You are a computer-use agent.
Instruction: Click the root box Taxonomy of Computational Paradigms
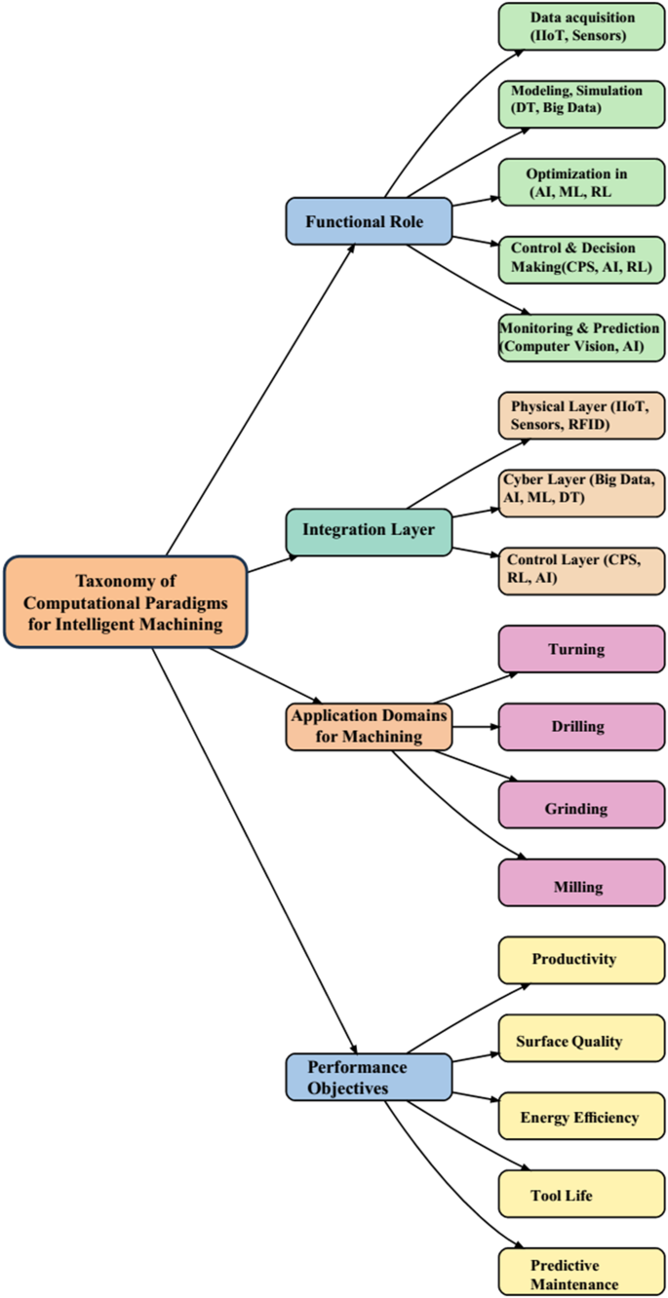pyautogui.click(x=126, y=601)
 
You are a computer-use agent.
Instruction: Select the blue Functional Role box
pyautogui.click(x=369, y=221)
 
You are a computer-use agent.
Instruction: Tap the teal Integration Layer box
pyautogui.click(x=369, y=531)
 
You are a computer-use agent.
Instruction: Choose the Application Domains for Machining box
pyautogui.click(x=369, y=726)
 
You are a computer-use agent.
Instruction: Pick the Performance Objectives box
pyautogui.click(x=369, y=1077)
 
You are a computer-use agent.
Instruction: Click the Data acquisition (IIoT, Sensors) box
pyautogui.click(x=582, y=27)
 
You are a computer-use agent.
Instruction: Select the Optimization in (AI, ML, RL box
pyautogui.click(x=582, y=182)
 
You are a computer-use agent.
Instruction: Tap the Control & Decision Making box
pyautogui.click(x=582, y=259)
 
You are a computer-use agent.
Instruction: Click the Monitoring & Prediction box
pyautogui.click(x=582, y=337)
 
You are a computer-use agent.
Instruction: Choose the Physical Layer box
pyautogui.click(x=582, y=415)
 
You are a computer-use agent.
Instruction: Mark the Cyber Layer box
pyautogui.click(x=582, y=492)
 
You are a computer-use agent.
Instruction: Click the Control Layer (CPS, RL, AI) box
pyautogui.click(x=582, y=570)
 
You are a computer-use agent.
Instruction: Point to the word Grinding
pyautogui.click(x=575, y=809)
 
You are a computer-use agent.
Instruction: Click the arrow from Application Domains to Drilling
pyautogui.click(x=476, y=726)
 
